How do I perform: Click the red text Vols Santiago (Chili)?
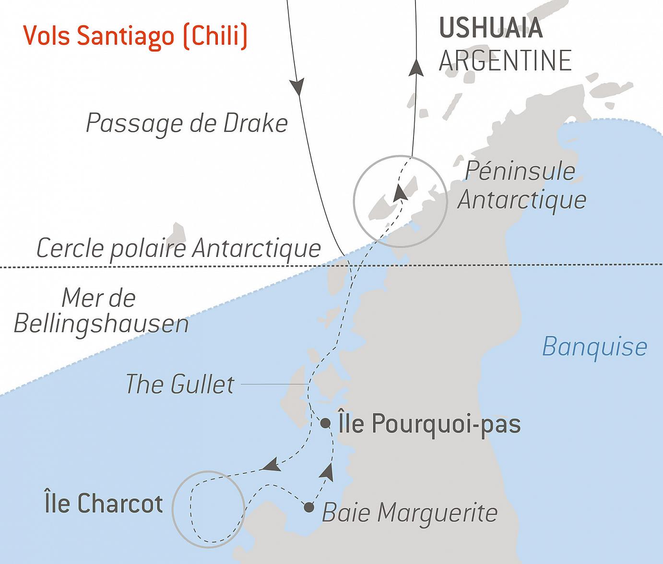(135, 36)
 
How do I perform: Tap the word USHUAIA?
(491, 28)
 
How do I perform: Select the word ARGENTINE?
(505, 60)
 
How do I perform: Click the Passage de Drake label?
(187, 123)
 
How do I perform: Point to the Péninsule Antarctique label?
(521, 185)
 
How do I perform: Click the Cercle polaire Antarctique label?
(178, 248)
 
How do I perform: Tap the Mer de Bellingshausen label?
(101, 311)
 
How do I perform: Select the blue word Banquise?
(594, 347)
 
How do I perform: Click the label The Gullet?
(180, 384)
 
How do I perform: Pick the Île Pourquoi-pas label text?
(429, 424)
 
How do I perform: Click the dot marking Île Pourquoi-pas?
(325, 423)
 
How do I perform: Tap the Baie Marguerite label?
(409, 513)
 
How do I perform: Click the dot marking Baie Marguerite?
(309, 507)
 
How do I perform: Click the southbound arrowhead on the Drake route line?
(297, 86)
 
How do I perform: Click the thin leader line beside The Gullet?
(273, 384)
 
